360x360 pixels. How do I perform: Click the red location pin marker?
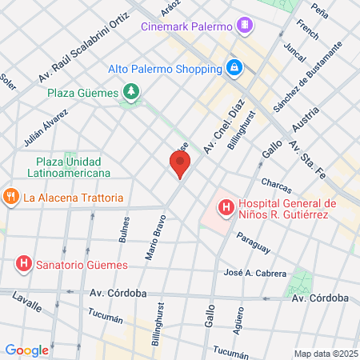pos(180,165)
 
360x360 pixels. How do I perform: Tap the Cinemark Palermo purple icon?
pos(245,26)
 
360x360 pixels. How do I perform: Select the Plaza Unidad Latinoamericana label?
pos(72,167)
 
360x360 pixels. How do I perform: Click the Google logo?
pos(26,350)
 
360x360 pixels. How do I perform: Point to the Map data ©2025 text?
pos(325,354)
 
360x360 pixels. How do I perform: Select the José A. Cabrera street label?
pos(255,274)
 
